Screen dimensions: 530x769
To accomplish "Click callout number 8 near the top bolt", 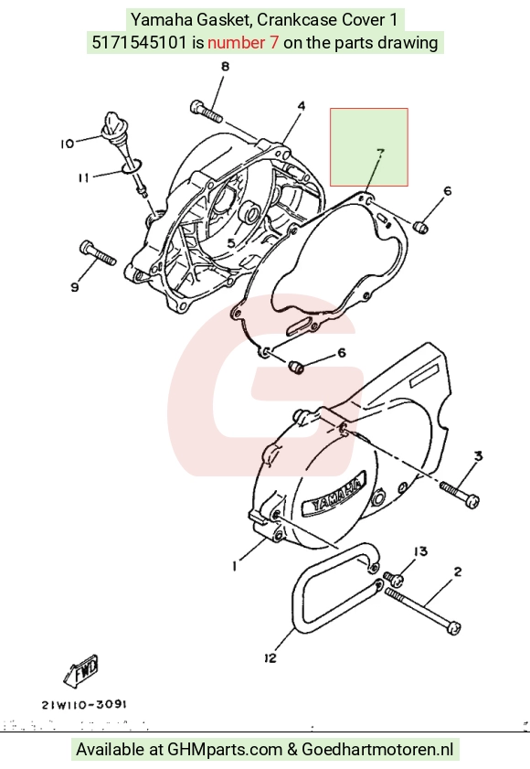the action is [x=225, y=66].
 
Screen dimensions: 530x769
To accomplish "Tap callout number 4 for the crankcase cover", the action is [x=302, y=106].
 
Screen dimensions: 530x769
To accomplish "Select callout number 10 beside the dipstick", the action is [x=67, y=144].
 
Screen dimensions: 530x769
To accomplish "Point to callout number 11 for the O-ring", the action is [x=83, y=177].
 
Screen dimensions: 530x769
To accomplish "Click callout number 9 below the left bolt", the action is [x=75, y=287].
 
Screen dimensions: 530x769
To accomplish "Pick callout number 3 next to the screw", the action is [x=479, y=456].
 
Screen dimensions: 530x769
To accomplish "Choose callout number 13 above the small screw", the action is [x=420, y=551].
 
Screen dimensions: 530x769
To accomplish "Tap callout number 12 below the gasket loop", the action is [x=270, y=658].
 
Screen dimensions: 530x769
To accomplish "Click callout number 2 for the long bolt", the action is [x=458, y=571].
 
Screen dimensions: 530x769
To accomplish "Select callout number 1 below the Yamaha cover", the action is [x=235, y=566].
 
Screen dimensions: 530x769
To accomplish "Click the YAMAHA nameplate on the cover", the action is [x=334, y=495].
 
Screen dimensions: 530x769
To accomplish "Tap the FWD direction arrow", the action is [x=81, y=670].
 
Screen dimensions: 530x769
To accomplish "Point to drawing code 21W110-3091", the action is [x=84, y=705].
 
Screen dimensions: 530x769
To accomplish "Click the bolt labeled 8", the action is [x=207, y=111].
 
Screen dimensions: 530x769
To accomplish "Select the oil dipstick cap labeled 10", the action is [x=112, y=123].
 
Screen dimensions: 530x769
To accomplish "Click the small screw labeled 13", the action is [x=394, y=579].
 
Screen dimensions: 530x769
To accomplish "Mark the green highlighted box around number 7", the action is [x=369, y=147].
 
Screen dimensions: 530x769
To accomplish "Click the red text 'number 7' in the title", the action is [x=243, y=43].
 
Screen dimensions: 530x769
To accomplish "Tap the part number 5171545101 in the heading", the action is [x=139, y=43].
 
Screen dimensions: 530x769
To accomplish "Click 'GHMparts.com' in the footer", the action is [x=225, y=750].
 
